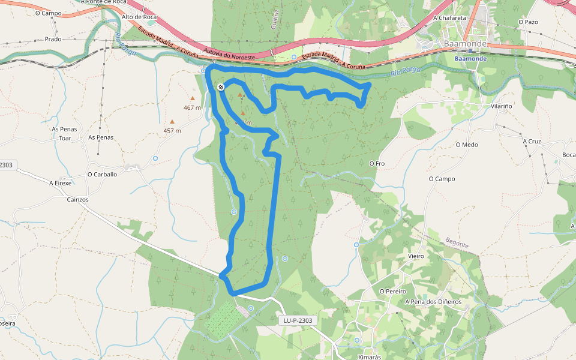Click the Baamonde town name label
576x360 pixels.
click(464, 44)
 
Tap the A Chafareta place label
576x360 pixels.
click(449, 18)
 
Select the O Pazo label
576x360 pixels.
click(528, 22)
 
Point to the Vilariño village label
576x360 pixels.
click(502, 106)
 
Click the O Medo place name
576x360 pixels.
click(467, 145)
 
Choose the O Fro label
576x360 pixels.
click(377, 163)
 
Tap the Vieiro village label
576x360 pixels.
click(416, 256)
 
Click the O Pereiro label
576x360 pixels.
click(393, 291)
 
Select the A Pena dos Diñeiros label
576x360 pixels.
click(433, 301)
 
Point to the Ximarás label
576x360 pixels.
click(370, 357)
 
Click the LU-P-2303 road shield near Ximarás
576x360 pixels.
click(298, 320)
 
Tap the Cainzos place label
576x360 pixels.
click(78, 199)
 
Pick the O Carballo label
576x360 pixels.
click(102, 174)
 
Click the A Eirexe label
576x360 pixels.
click(60, 183)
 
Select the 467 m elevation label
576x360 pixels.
click(192, 108)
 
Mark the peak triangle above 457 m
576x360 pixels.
click(172, 121)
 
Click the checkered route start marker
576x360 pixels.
click(221, 88)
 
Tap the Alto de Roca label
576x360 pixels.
click(139, 17)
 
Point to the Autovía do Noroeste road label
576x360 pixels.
click(230, 53)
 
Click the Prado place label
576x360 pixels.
click(53, 39)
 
